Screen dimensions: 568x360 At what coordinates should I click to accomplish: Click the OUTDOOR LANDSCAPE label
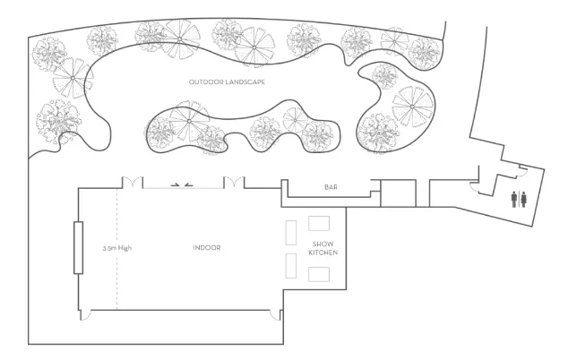coord(227,81)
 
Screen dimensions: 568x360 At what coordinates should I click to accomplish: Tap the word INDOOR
coord(207,248)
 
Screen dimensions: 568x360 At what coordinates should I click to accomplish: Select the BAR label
coord(331,187)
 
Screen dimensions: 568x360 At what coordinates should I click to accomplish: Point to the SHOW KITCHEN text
coord(323,248)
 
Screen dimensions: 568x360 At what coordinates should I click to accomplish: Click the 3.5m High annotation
coord(117,248)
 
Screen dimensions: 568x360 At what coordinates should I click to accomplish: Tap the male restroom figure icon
coord(514,200)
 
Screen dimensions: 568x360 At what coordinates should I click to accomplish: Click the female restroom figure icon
coord(523,200)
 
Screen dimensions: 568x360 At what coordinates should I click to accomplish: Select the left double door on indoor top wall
coord(133,183)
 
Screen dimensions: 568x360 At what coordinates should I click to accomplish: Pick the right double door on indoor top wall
coord(234,183)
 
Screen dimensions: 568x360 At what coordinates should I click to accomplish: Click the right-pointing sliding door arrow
coord(176,184)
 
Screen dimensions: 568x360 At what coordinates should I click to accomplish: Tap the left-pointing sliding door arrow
coord(188,184)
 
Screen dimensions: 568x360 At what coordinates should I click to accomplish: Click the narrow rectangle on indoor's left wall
coord(78,248)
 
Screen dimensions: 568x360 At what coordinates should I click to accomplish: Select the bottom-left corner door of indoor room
coord(85,315)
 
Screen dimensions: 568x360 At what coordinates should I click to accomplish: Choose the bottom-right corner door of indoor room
coord(276,315)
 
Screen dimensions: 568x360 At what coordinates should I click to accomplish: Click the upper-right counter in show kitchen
coord(319,224)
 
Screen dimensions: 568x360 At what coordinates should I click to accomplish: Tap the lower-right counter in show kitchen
coord(319,275)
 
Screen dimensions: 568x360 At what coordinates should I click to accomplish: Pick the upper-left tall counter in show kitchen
coord(291,233)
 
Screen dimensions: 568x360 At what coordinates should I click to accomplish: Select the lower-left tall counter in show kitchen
coord(291,266)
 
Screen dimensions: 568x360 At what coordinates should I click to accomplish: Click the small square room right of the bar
coord(398,193)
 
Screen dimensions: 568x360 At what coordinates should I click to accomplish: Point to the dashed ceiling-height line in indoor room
coord(117,249)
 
